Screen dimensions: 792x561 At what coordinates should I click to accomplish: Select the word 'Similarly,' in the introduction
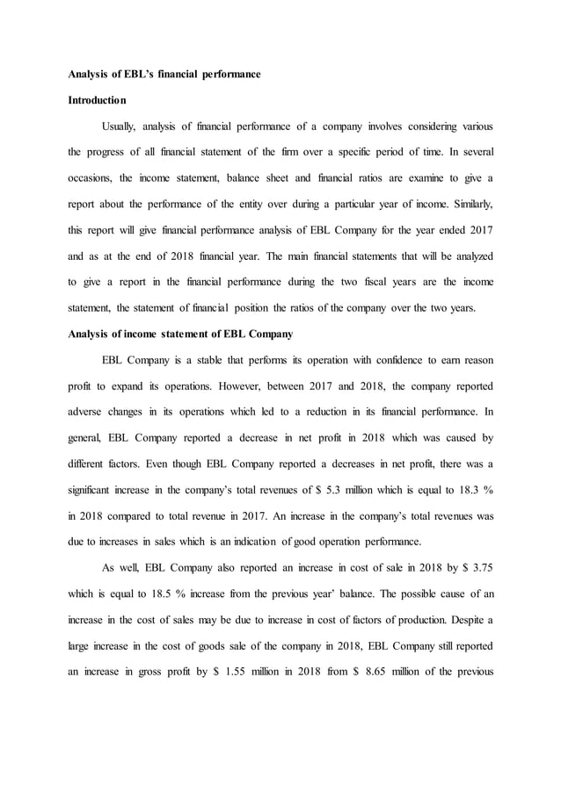pyautogui.click(x=470, y=204)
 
